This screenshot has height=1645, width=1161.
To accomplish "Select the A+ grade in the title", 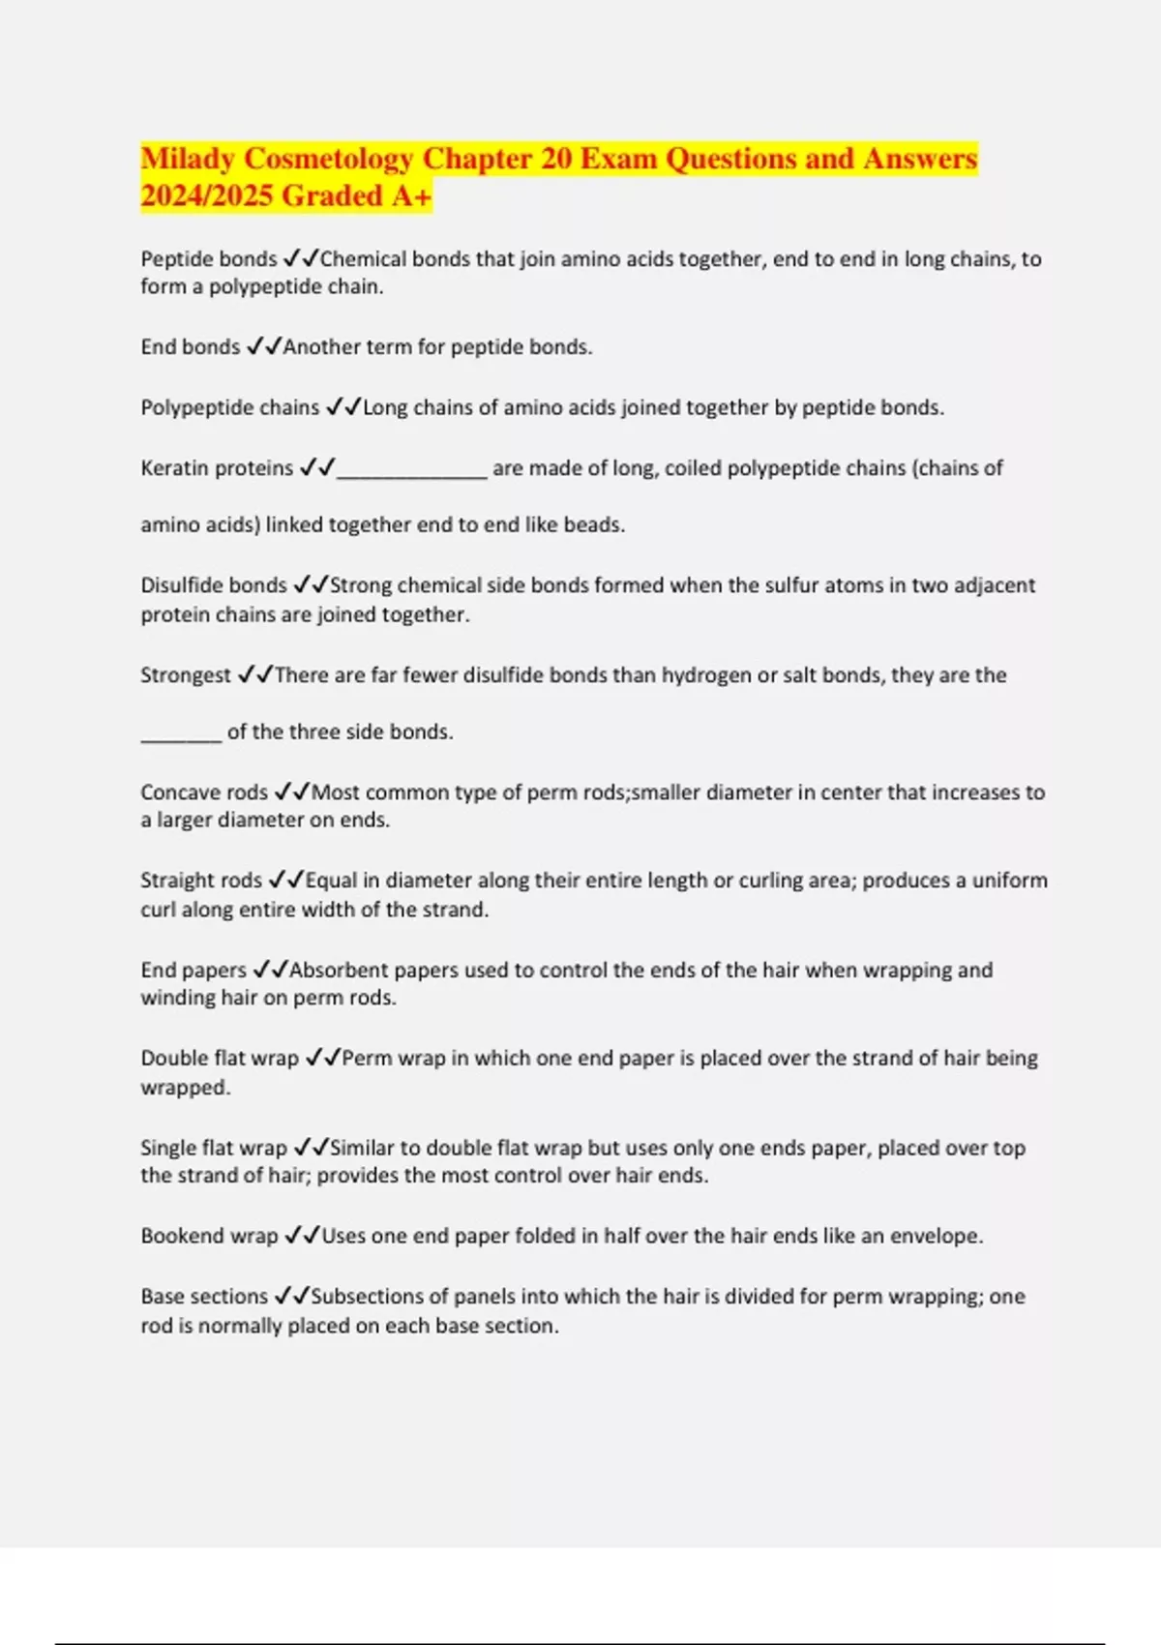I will (411, 195).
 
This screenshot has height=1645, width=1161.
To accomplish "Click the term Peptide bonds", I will (209, 259).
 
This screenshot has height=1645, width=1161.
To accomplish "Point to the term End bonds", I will (190, 347).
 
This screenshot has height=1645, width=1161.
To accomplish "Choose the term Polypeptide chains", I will (229, 407).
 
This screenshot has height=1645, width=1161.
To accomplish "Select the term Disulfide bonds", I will (214, 585).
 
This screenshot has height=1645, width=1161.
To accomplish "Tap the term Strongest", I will (186, 675).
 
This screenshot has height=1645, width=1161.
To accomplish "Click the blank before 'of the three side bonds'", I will (181, 735).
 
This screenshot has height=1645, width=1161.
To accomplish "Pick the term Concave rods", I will (204, 793).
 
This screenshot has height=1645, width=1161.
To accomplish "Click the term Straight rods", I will (201, 881).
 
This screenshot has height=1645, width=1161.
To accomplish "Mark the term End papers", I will (193, 971).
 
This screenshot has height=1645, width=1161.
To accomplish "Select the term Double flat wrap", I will (220, 1059).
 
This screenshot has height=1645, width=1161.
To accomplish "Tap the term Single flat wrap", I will (214, 1149).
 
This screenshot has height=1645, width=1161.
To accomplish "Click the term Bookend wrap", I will (209, 1237).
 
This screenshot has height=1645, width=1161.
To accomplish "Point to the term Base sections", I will (204, 1297).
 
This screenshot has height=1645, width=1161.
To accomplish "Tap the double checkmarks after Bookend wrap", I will (300, 1237).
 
